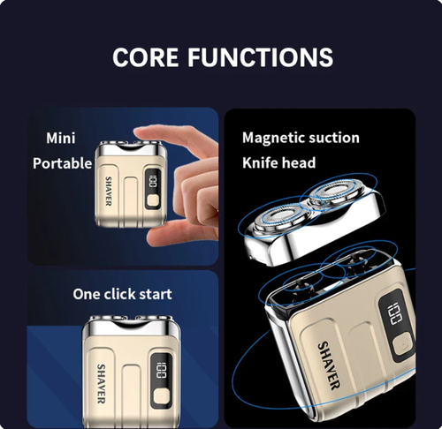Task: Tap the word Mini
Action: pyautogui.click(x=61, y=139)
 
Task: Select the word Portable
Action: pyautogui.click(x=62, y=163)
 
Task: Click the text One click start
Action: pyautogui.click(x=122, y=293)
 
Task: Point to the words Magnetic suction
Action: pyautogui.click(x=301, y=138)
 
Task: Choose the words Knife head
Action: pyautogui.click(x=278, y=163)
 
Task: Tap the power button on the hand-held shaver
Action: pyautogui.click(x=154, y=201)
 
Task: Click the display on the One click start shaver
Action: pyautogui.click(x=163, y=368)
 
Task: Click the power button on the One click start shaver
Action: pyautogui.click(x=161, y=395)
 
